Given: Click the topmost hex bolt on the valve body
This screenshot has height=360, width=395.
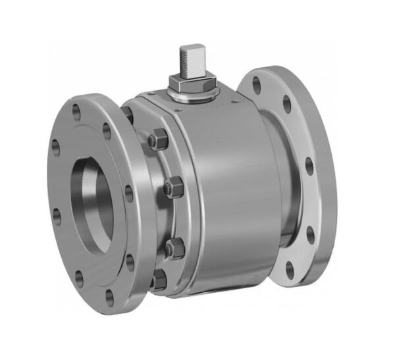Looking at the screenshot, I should (158, 141).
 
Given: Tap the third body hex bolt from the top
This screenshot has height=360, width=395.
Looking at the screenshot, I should (174, 248).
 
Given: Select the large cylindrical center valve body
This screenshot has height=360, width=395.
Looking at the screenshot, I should (224, 197).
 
